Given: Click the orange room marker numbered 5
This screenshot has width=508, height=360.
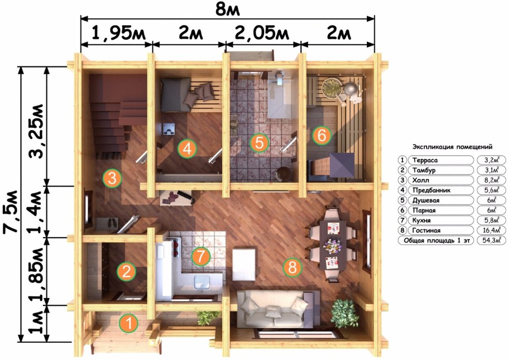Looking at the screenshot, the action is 260,142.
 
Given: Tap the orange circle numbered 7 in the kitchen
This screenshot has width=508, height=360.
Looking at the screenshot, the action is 201,256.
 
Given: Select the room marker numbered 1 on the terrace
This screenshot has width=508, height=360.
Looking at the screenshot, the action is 128,323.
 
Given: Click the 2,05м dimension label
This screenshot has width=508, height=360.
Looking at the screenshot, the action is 262,33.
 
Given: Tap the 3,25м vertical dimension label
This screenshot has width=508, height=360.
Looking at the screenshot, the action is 36,131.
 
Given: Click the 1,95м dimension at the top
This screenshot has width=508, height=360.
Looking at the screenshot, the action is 118,33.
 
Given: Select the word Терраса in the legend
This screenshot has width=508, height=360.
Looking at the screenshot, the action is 425,160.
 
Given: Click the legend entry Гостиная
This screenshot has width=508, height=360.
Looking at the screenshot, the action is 426,231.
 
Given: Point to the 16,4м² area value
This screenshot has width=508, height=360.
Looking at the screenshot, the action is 491,231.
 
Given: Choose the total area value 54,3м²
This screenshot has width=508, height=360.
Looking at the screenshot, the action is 491,241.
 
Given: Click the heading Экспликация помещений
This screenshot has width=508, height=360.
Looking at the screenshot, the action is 452,147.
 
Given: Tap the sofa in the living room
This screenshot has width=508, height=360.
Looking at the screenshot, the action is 277,309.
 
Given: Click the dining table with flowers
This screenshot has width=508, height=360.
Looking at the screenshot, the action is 333,244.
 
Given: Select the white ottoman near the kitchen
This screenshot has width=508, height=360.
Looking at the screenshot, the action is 245,263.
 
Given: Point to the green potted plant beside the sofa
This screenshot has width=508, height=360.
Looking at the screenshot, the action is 345,313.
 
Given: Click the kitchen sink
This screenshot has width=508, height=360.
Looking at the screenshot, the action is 203,283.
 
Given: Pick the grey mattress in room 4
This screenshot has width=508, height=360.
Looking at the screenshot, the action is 175,95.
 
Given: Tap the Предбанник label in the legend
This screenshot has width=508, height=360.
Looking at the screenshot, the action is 431,190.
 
